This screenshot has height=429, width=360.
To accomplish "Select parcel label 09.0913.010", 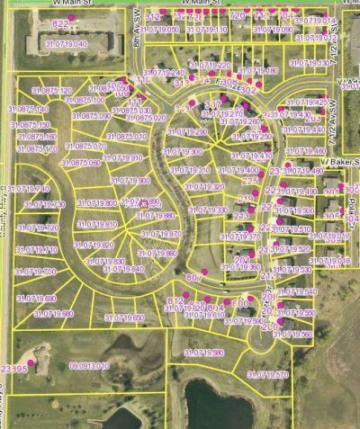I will click(89, 366).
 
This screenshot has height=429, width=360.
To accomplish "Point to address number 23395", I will click(13, 369).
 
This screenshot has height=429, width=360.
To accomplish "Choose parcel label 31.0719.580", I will click(203, 352).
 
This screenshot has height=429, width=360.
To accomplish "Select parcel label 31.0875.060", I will click(82, 163).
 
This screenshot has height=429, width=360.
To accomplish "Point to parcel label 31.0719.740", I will click(32, 188).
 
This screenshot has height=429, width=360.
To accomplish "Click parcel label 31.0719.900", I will click(131, 181).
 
